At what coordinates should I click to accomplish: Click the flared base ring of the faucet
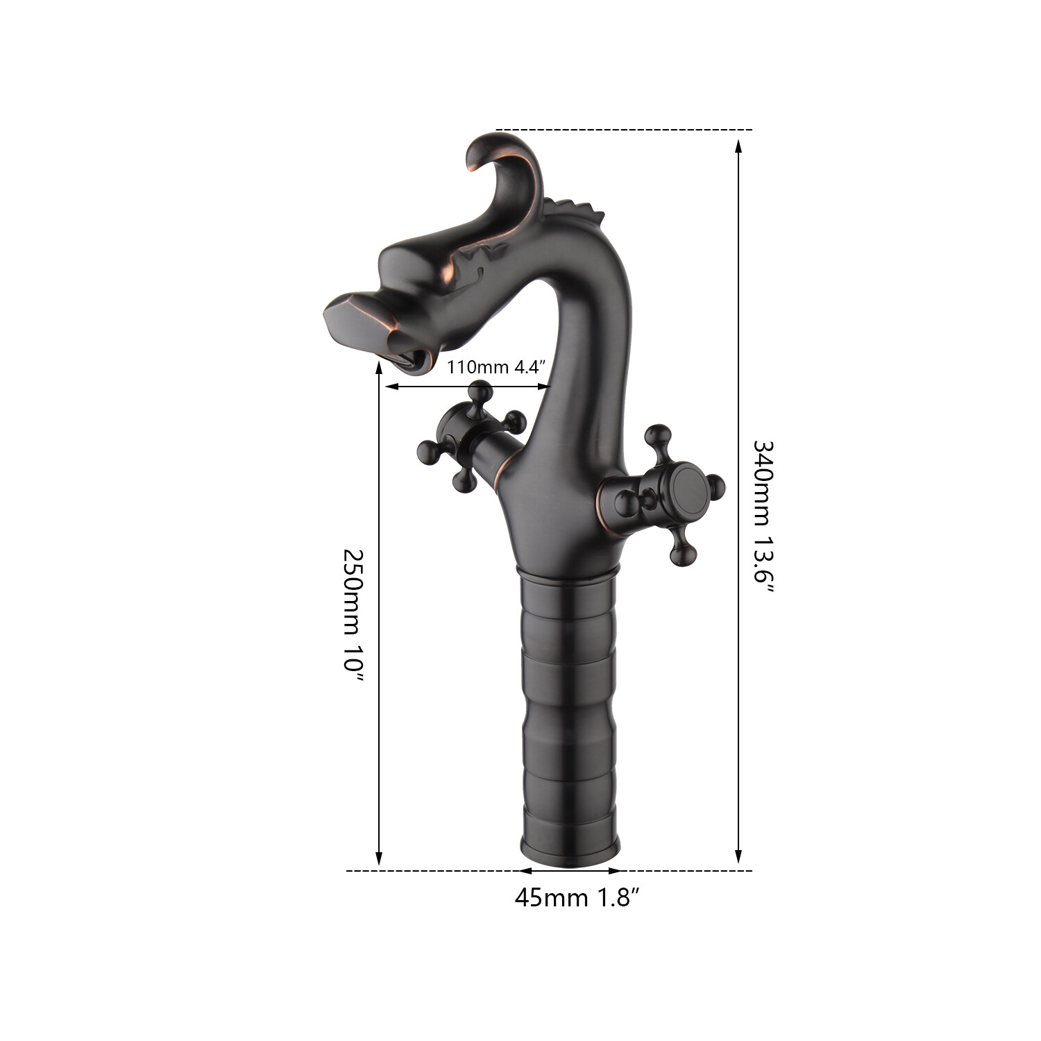[570, 850]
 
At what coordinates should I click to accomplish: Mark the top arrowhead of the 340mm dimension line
[738, 144]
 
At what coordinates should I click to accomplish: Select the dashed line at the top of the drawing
[625, 130]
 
